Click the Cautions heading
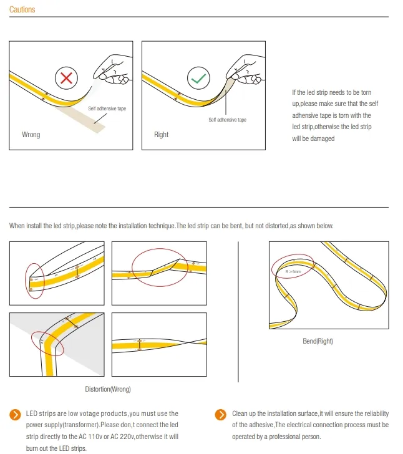(x=22, y=10)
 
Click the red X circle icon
(x=66, y=79)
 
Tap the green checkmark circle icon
(x=199, y=79)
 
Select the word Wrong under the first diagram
(x=31, y=135)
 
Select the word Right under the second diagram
(x=161, y=135)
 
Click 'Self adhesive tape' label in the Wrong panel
(x=107, y=109)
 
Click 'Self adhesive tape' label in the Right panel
(x=227, y=120)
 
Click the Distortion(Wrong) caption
(x=108, y=389)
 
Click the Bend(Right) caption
(x=318, y=342)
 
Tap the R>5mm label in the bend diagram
(x=293, y=273)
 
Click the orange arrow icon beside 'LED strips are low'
(x=15, y=415)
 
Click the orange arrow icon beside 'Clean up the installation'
(x=220, y=415)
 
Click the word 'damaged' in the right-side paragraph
(x=323, y=138)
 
